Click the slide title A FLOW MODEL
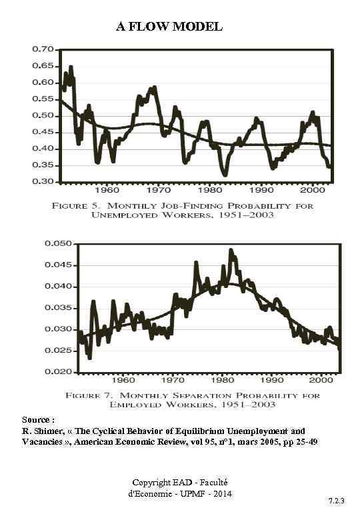[169, 27]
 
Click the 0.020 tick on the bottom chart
[57, 372]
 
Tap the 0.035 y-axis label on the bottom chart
[57, 308]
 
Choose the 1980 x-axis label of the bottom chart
[221, 381]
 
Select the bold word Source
[35, 420]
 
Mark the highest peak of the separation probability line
[231, 250]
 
